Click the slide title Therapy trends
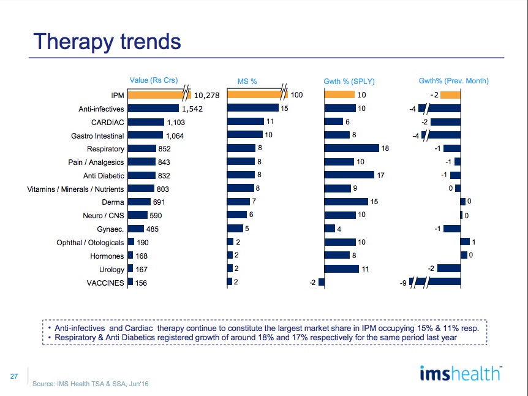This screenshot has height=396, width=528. (107, 42)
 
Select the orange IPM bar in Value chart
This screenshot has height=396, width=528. (159, 95)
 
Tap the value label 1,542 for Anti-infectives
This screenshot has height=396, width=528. (192, 109)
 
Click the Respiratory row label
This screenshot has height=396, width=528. (105, 149)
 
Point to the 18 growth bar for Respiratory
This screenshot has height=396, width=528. (352, 148)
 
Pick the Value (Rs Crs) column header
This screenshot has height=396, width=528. (154, 80)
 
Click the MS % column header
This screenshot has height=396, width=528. (247, 82)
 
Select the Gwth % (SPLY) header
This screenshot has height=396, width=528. (349, 82)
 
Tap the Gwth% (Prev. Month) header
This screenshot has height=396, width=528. (454, 81)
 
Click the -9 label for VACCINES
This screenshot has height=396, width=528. (403, 283)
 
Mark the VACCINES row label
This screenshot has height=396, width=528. (105, 283)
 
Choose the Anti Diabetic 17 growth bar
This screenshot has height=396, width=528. (349, 175)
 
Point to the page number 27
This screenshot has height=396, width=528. (14, 376)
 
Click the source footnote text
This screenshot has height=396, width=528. (90, 384)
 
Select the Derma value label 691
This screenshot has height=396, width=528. (159, 202)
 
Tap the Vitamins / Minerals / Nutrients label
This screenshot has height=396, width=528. (75, 189)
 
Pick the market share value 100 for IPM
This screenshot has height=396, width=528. (296, 95)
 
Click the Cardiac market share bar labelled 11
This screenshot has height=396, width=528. (246, 121)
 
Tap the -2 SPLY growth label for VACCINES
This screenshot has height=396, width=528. (312, 283)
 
